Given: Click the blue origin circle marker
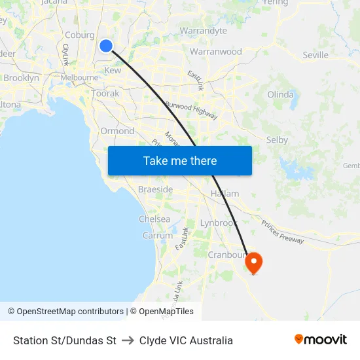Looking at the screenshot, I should click(x=106, y=45).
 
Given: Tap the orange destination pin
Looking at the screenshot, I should click(x=253, y=262).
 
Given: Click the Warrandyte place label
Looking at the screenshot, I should click(x=203, y=31).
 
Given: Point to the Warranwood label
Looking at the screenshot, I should click(x=215, y=52).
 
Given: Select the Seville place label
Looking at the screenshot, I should click(x=315, y=55).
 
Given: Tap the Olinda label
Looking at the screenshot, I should click(x=280, y=94).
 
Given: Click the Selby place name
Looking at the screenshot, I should click(x=277, y=139).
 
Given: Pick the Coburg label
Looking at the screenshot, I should click(x=79, y=35).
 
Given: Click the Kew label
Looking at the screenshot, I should click(x=113, y=70).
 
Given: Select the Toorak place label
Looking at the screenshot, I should click(x=105, y=94).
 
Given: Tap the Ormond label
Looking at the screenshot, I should click(x=117, y=131).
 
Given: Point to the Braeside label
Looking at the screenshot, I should click(x=155, y=189).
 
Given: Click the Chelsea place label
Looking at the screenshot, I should click(x=154, y=219).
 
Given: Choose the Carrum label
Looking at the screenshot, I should click(x=157, y=236).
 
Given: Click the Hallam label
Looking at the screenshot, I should click(x=225, y=194).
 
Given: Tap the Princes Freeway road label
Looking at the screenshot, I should click(x=283, y=232).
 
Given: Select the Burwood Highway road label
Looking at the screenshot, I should click(x=190, y=109).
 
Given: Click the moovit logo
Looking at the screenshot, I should click(x=320, y=340).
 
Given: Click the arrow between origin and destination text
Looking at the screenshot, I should click(x=128, y=340).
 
